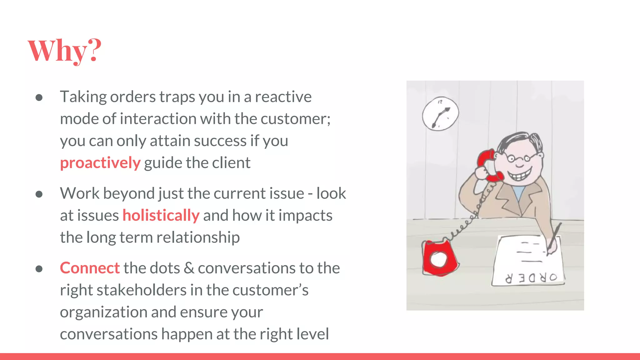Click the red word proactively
coord(100,163)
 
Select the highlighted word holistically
coord(161,215)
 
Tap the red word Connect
coord(90,268)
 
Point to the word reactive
coord(283,97)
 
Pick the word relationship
coord(198,237)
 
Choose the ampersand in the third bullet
coord(189,268)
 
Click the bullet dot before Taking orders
coord(39,98)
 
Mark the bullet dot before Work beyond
coord(39,194)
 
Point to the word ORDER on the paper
coord(531,277)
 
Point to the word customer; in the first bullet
coord(295,119)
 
